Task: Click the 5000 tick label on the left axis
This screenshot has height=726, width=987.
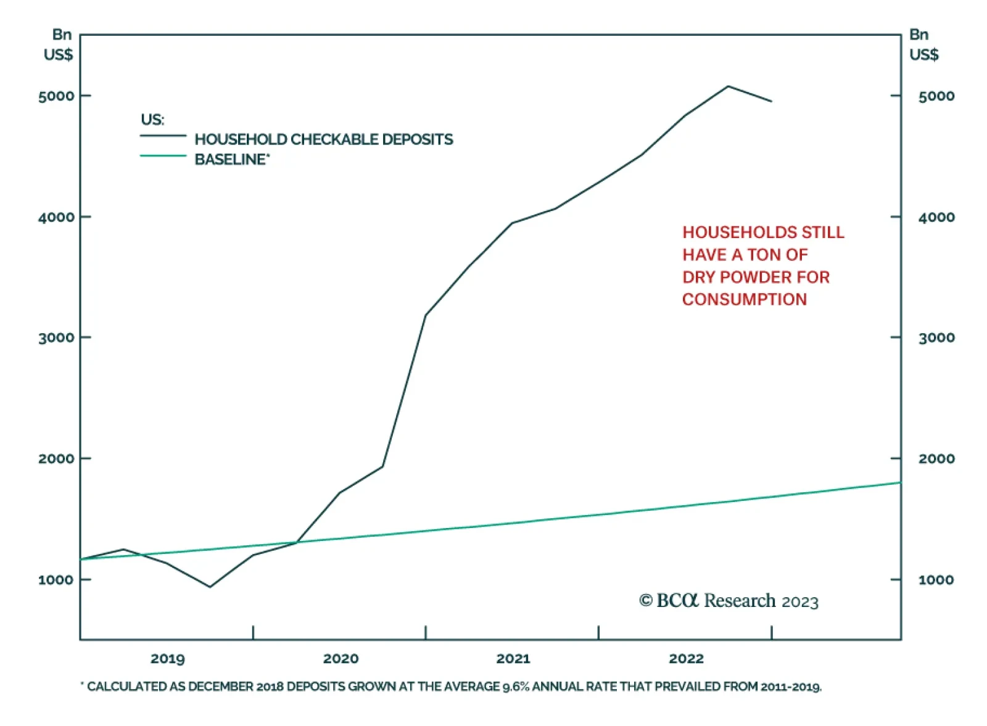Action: click(56, 96)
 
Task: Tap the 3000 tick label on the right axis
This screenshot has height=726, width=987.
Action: click(936, 337)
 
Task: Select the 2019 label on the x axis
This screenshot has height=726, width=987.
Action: click(167, 659)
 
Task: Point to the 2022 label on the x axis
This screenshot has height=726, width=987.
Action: click(686, 659)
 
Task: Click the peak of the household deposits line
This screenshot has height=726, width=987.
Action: click(728, 86)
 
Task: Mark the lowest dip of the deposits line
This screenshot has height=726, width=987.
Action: click(210, 587)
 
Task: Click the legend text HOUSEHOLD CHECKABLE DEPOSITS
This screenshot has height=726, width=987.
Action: click(323, 139)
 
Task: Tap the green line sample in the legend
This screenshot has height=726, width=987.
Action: click(163, 155)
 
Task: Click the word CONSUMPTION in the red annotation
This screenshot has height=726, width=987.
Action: click(744, 299)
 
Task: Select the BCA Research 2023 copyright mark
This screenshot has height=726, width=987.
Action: click(729, 601)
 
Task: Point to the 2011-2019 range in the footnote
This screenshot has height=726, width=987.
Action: click(790, 687)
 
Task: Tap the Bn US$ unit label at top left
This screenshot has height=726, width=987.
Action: click(59, 44)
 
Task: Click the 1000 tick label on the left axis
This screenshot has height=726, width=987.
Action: click(56, 580)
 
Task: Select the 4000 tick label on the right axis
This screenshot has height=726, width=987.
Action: click(936, 217)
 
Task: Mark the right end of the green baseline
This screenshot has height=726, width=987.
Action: click(899, 482)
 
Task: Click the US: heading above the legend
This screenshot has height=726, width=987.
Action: click(152, 120)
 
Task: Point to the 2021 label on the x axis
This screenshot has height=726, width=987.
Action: click(513, 659)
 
